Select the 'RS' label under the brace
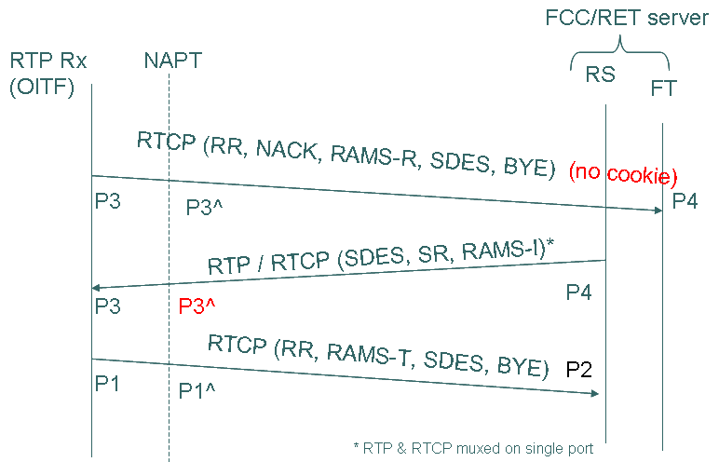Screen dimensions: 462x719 [600, 74]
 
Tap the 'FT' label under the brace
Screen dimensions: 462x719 [663, 88]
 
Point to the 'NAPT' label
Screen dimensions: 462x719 [172, 61]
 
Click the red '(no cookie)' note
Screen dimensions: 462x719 [622, 172]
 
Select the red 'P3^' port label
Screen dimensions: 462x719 [198, 306]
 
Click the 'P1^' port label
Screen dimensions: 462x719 [197, 391]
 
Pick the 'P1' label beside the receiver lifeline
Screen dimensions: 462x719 [108, 383]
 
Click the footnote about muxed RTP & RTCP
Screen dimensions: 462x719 [474, 448]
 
